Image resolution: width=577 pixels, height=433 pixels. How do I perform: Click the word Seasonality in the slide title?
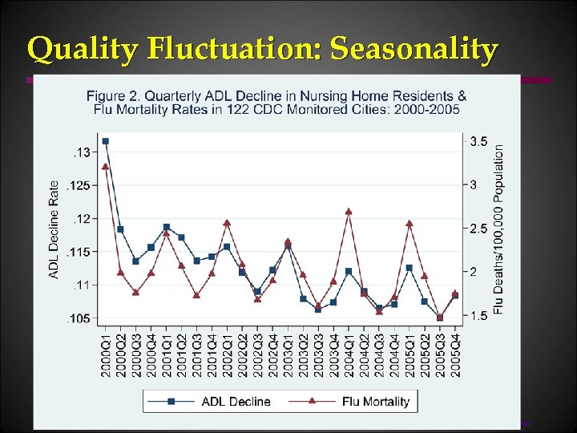[x=414, y=50]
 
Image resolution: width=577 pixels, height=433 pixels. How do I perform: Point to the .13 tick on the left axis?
[x=81, y=152]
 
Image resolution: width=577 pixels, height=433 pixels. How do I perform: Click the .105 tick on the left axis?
[x=79, y=319]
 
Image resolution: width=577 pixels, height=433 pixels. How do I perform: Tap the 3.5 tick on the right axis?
[x=478, y=141]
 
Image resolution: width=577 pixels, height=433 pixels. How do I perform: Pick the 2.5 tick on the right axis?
[x=478, y=229]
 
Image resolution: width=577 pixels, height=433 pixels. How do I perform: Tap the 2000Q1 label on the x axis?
[x=106, y=352]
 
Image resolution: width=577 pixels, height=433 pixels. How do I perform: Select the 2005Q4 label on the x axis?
[x=455, y=352]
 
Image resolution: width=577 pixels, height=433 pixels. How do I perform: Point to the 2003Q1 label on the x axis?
[x=288, y=352]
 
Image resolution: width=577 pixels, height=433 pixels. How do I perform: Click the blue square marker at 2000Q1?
[x=105, y=141]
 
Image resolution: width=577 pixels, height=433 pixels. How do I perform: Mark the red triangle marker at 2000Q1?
[x=105, y=166]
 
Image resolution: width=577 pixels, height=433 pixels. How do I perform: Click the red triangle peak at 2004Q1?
[x=349, y=211]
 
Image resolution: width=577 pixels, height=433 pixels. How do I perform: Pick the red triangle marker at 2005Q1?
[x=410, y=224]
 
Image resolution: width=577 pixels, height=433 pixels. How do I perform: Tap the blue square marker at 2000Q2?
[x=120, y=229]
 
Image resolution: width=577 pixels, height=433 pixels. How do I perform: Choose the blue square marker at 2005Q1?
[x=410, y=268]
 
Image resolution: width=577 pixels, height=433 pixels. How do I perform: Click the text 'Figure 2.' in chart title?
[x=112, y=96]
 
